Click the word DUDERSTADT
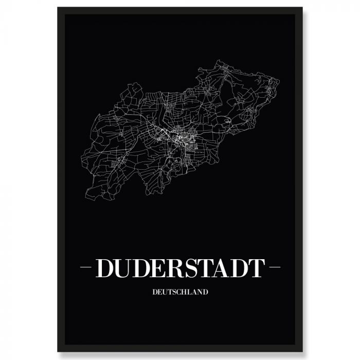tap(180, 268)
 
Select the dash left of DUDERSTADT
tap(86, 268)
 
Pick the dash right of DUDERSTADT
tap(274, 268)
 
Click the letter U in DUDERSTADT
tap(124, 268)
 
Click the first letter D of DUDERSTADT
tap(105, 268)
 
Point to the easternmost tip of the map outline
tap(279, 81)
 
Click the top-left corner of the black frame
tap(58, 8)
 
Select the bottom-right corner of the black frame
tap(302, 351)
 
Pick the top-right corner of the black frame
tap(302, 8)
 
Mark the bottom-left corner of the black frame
tap(58, 351)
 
